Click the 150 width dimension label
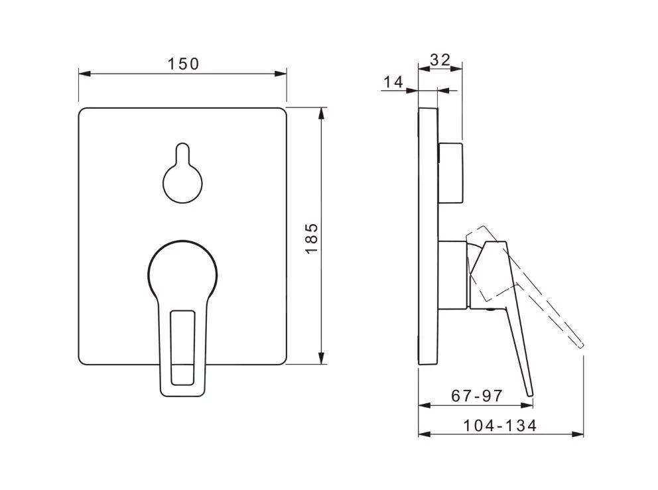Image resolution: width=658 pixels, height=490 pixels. tap(183, 64)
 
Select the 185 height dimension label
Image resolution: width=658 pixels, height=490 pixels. tap(311, 238)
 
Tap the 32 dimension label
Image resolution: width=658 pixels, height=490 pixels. tap(440, 60)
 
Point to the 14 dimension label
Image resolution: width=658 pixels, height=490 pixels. tap(393, 82)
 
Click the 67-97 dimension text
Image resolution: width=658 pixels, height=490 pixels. tap(477, 395)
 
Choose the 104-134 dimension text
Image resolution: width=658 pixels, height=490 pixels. tap(499, 426)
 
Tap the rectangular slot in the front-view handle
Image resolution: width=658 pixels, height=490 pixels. tap(182, 347)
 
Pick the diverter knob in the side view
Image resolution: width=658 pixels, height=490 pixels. tap(450, 173)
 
